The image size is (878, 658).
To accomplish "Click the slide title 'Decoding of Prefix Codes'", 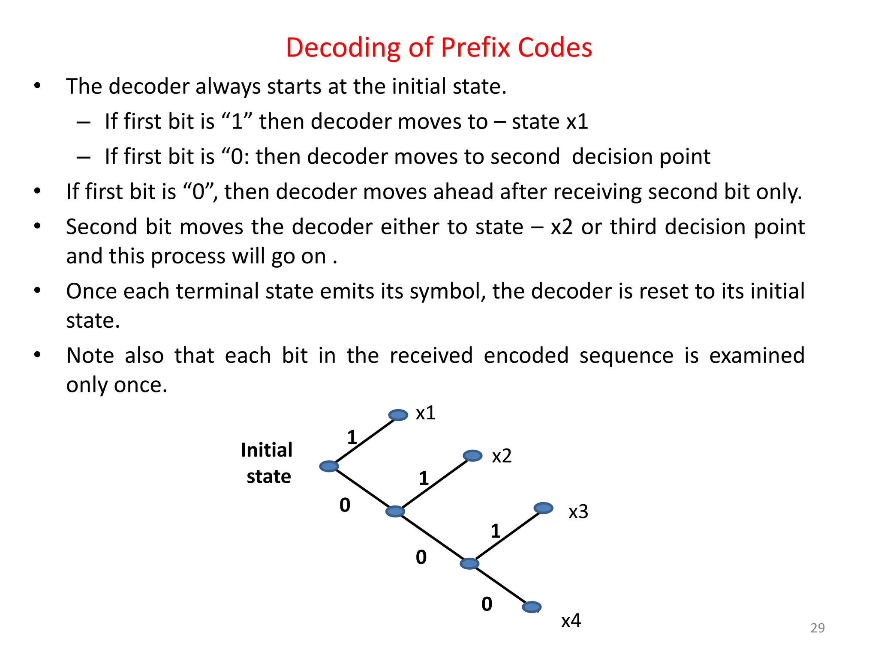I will (439, 47).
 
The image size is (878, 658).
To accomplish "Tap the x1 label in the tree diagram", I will (426, 413).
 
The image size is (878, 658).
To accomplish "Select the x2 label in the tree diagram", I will (502, 456).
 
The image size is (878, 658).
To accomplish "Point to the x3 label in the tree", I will (578, 511).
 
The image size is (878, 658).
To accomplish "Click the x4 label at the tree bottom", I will (571, 620).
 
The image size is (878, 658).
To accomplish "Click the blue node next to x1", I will (398, 415).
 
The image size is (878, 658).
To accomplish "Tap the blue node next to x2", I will (472, 455).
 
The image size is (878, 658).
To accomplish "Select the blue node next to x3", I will (543, 508).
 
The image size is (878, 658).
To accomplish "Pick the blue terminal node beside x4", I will (532, 607).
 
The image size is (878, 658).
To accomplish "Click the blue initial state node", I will (329, 466).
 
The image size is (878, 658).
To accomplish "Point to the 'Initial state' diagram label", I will (267, 463).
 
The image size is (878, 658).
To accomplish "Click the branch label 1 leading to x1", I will (352, 437).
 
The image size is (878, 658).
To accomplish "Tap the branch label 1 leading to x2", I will (424, 478).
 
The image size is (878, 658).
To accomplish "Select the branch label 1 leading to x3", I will (496, 531).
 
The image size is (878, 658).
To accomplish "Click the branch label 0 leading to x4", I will (487, 604).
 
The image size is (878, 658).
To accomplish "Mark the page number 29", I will (817, 628).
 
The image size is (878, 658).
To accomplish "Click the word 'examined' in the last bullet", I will (757, 356).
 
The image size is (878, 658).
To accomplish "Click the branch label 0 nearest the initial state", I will (345, 505).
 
